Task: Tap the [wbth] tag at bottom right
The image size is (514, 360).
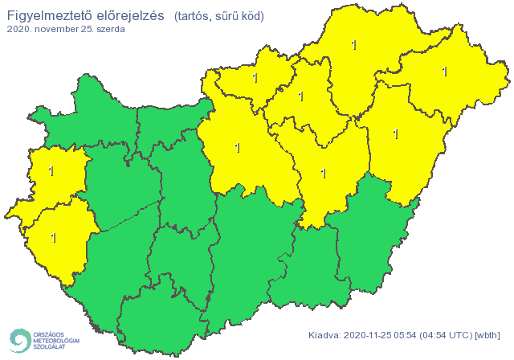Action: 488,335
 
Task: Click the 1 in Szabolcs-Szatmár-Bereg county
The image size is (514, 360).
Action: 444,72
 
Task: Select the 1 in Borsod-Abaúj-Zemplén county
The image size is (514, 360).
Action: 354,45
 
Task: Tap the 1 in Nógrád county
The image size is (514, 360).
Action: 255,78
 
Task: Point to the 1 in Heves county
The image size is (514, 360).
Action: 301,96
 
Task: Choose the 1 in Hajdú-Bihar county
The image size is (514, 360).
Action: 394,133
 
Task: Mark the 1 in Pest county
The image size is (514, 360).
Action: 236,148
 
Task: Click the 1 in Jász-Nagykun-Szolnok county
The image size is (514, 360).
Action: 323,173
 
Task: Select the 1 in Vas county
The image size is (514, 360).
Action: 51,171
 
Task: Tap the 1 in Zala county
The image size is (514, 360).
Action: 54,237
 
